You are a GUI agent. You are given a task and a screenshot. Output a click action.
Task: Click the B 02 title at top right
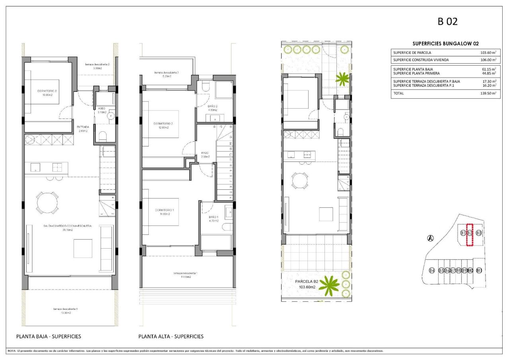pos(447,21)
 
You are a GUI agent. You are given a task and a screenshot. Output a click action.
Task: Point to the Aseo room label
pos(101,110)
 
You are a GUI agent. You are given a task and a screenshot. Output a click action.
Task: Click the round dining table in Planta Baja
pos(47,203)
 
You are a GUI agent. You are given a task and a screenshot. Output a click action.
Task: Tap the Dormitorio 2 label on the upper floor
pos(163,125)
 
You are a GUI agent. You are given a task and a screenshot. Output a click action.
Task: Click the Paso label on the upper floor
pos(205,154)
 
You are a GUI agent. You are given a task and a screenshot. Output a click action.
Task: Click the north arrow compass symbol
pos(430,238)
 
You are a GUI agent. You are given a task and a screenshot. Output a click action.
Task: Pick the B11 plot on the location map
pos(479,270)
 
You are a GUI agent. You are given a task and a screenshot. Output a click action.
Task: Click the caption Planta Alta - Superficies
pos(171,337)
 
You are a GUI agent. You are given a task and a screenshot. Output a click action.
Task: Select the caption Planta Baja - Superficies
pos(49,337)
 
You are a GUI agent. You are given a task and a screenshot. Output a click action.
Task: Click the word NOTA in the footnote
pos(12,351)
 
